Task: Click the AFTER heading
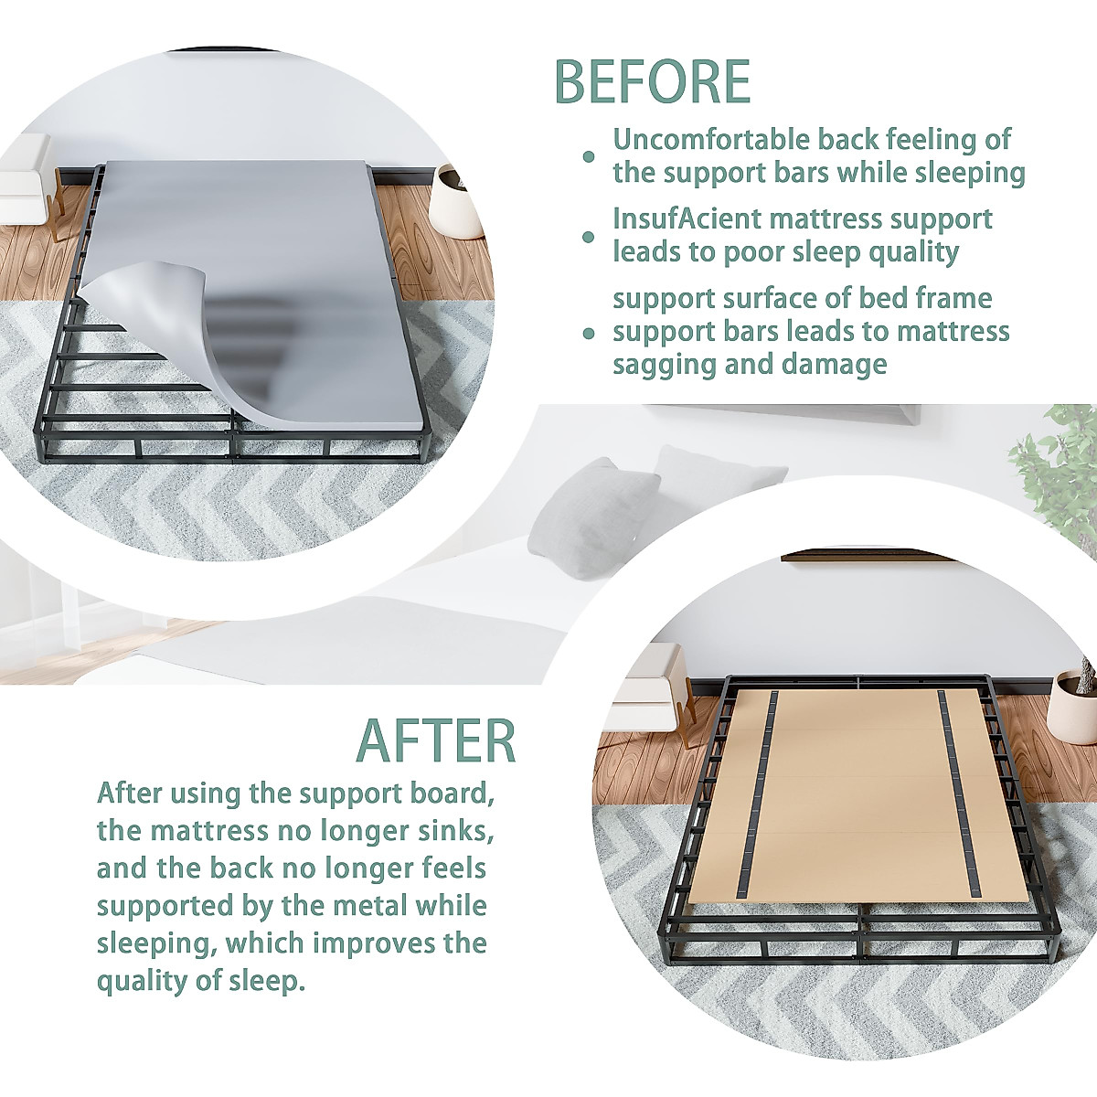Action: coord(436,741)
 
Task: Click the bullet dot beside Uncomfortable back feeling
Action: coord(590,157)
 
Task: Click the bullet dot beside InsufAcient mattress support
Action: coord(590,237)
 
